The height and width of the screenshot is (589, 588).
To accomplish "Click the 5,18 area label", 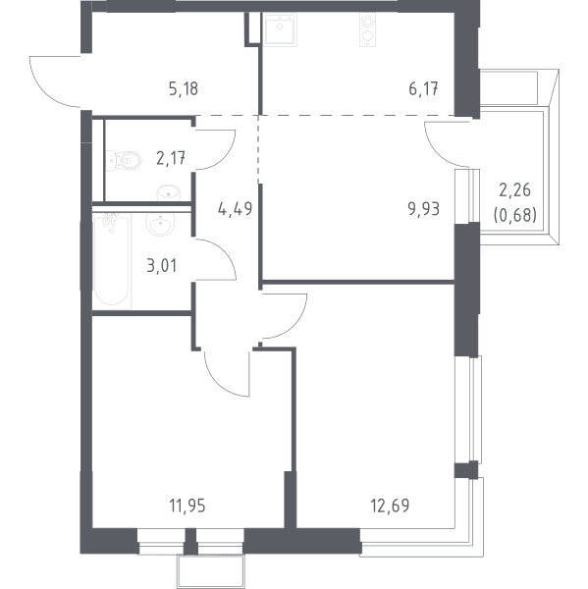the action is click(x=184, y=89).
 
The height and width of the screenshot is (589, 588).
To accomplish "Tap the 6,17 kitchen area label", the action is click(x=423, y=89).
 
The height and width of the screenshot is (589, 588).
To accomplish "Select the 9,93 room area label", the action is click(x=424, y=208).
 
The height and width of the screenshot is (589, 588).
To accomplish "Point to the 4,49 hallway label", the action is click(x=236, y=208).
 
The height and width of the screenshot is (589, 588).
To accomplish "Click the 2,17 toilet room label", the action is click(x=171, y=158).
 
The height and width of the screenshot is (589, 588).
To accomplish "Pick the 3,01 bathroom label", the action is click(x=162, y=266).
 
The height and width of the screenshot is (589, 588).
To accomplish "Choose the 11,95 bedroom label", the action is click(x=187, y=506).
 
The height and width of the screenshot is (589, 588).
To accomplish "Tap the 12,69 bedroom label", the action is click(x=390, y=506).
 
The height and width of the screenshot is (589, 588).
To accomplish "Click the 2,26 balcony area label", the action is click(x=514, y=190).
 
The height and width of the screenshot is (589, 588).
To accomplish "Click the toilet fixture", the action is click(x=124, y=161).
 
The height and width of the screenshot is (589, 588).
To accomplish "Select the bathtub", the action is click(x=112, y=259).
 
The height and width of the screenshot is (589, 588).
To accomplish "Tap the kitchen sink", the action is click(x=280, y=29).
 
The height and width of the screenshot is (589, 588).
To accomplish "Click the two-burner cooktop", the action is click(x=367, y=29).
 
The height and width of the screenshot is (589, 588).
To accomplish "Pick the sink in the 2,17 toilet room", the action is click(x=169, y=192).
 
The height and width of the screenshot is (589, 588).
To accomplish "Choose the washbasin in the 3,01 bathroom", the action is click(x=160, y=224).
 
